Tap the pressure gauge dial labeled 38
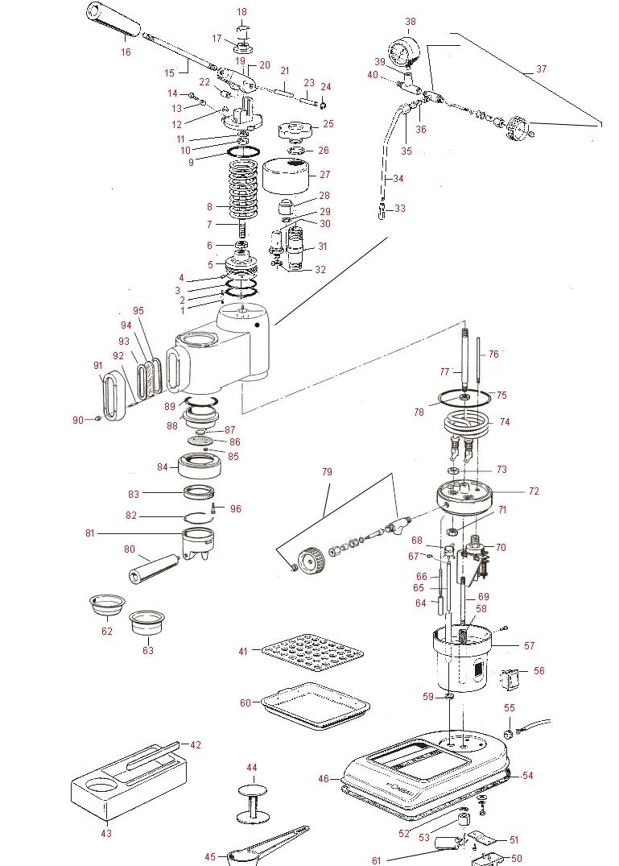(x=402, y=52)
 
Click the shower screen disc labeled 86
(x=203, y=441)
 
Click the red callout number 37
(x=541, y=69)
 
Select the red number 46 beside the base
(x=324, y=779)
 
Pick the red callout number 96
(x=235, y=508)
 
